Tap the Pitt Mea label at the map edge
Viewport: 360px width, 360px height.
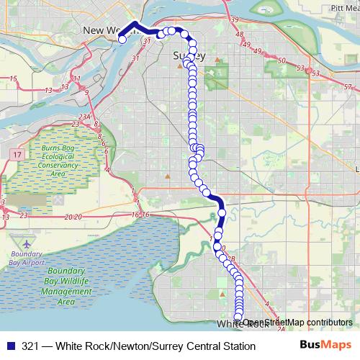click(x=343, y=7)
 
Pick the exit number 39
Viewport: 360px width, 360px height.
click(x=235, y=20)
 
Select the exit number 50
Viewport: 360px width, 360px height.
click(x=280, y=60)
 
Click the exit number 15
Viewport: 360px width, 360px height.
click(x=13, y=78)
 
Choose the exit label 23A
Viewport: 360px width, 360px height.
click(x=84, y=117)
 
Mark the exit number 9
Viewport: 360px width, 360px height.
click(x=86, y=91)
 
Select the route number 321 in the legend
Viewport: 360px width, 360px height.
click(x=32, y=346)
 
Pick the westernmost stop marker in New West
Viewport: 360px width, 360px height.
click(x=122, y=40)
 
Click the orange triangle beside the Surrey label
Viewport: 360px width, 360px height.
click(x=180, y=66)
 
